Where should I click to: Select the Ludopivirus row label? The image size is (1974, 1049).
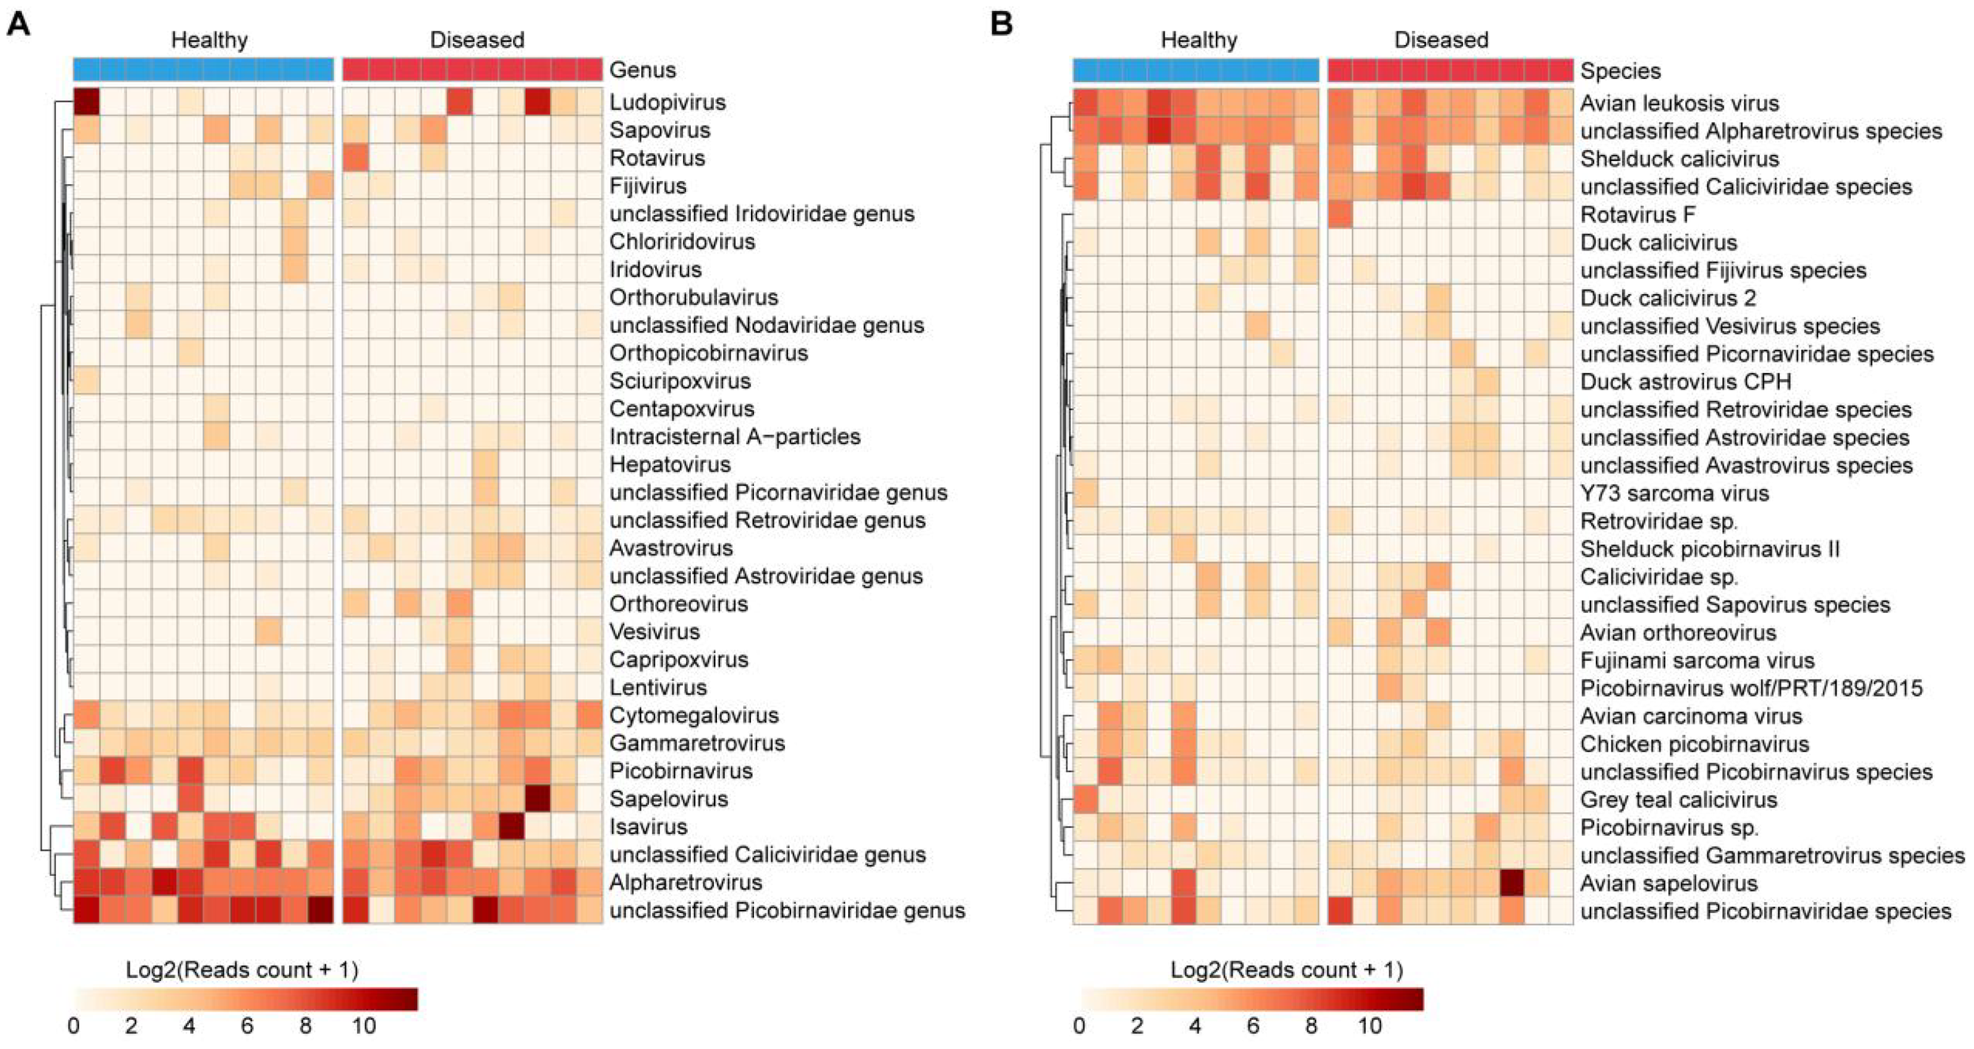tap(667, 102)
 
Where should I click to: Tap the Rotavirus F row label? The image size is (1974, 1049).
tap(1637, 214)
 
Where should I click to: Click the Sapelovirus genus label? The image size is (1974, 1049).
tap(668, 799)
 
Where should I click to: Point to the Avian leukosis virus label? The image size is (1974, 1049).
tap(1679, 103)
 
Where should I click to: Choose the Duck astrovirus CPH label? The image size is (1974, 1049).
tap(1685, 382)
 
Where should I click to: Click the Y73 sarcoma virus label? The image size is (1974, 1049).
tap(1674, 493)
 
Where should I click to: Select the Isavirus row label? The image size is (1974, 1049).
tap(647, 826)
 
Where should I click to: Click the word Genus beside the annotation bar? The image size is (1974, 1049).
tap(642, 70)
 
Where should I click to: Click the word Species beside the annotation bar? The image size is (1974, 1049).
tap(1619, 70)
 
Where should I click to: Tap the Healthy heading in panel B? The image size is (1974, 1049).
tap(1198, 39)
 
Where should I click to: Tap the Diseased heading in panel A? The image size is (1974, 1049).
tap(476, 39)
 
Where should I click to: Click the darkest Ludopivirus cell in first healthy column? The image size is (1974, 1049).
tap(86, 102)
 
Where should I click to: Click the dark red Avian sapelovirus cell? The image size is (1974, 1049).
tap(1511, 882)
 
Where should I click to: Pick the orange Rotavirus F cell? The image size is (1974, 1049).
tap(1340, 214)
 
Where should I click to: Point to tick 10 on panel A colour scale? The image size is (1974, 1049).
tap(363, 1026)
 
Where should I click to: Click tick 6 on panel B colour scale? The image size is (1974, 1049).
tap(1252, 1026)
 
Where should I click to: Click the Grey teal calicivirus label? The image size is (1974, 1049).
tap(1678, 799)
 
